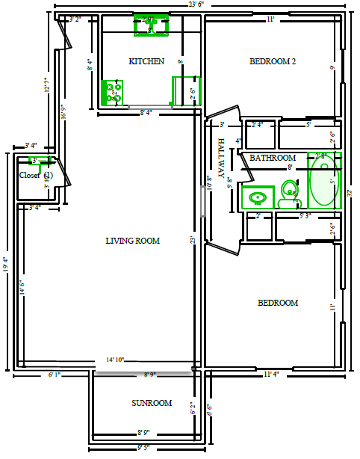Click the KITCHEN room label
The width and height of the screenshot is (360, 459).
[146, 61]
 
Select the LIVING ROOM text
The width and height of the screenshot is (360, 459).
[132, 241]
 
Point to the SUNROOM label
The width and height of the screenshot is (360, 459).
[152, 403]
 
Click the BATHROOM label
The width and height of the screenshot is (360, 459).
[273, 158]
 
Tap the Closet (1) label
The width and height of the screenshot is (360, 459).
[36, 175]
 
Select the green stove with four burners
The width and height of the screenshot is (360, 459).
[114, 93]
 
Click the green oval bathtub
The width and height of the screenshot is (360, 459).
[324, 181]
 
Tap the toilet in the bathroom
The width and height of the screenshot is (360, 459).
[288, 197]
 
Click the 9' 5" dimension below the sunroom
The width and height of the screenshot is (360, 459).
[144, 449]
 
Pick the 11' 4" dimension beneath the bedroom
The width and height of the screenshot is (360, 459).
[271, 374]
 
